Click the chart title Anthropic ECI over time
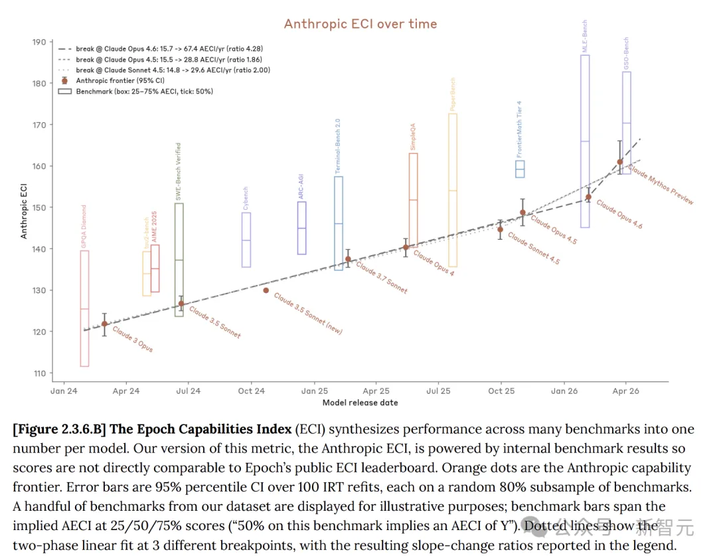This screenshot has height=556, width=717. (360, 24)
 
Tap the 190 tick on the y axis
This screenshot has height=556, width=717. (40, 42)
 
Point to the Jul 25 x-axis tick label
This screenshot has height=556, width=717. (438, 391)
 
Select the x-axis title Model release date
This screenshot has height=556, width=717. (360, 403)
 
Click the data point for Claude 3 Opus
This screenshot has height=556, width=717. (104, 324)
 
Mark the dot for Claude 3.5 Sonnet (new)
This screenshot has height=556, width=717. (266, 290)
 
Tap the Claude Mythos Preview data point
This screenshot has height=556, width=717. (620, 161)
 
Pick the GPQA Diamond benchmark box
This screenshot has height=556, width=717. (84, 308)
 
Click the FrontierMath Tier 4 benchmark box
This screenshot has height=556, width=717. (520, 169)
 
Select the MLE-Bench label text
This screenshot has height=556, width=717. (585, 37)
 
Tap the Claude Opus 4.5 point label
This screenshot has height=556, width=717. (554, 231)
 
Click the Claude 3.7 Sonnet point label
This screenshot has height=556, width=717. (382, 278)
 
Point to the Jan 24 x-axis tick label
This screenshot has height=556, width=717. (64, 391)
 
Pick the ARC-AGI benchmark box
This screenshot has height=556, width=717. (301, 228)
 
